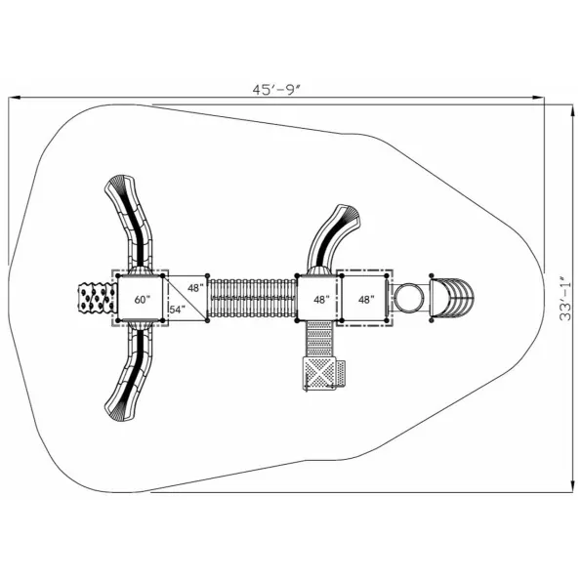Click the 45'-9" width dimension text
(276, 90)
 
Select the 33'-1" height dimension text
(565, 298)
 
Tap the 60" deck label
(141, 300)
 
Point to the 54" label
(177, 310)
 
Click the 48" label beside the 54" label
(195, 288)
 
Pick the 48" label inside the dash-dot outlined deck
(366, 300)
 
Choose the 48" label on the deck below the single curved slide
(321, 300)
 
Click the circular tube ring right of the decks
(409, 298)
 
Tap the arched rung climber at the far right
(452, 298)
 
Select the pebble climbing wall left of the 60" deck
(97, 298)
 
